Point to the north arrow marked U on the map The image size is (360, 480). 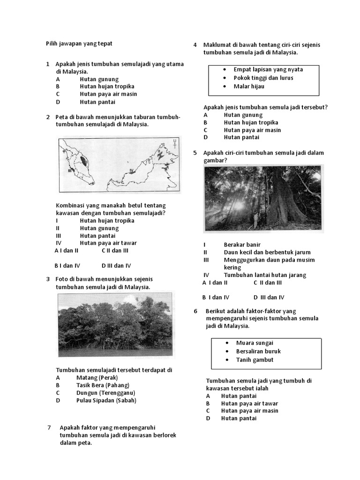[x=174, y=143]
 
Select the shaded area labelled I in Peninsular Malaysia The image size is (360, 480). [x=83, y=161]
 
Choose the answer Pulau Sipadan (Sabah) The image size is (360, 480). [x=106, y=400]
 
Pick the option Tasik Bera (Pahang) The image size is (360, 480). [x=103, y=385]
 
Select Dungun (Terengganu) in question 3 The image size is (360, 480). [x=105, y=393]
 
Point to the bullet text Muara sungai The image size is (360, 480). [x=255, y=343]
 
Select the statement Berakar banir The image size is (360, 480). [x=242, y=245]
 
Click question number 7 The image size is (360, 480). [x=49, y=427]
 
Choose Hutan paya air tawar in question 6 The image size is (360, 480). [x=249, y=403]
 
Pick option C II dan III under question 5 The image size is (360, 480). [x=268, y=283]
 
